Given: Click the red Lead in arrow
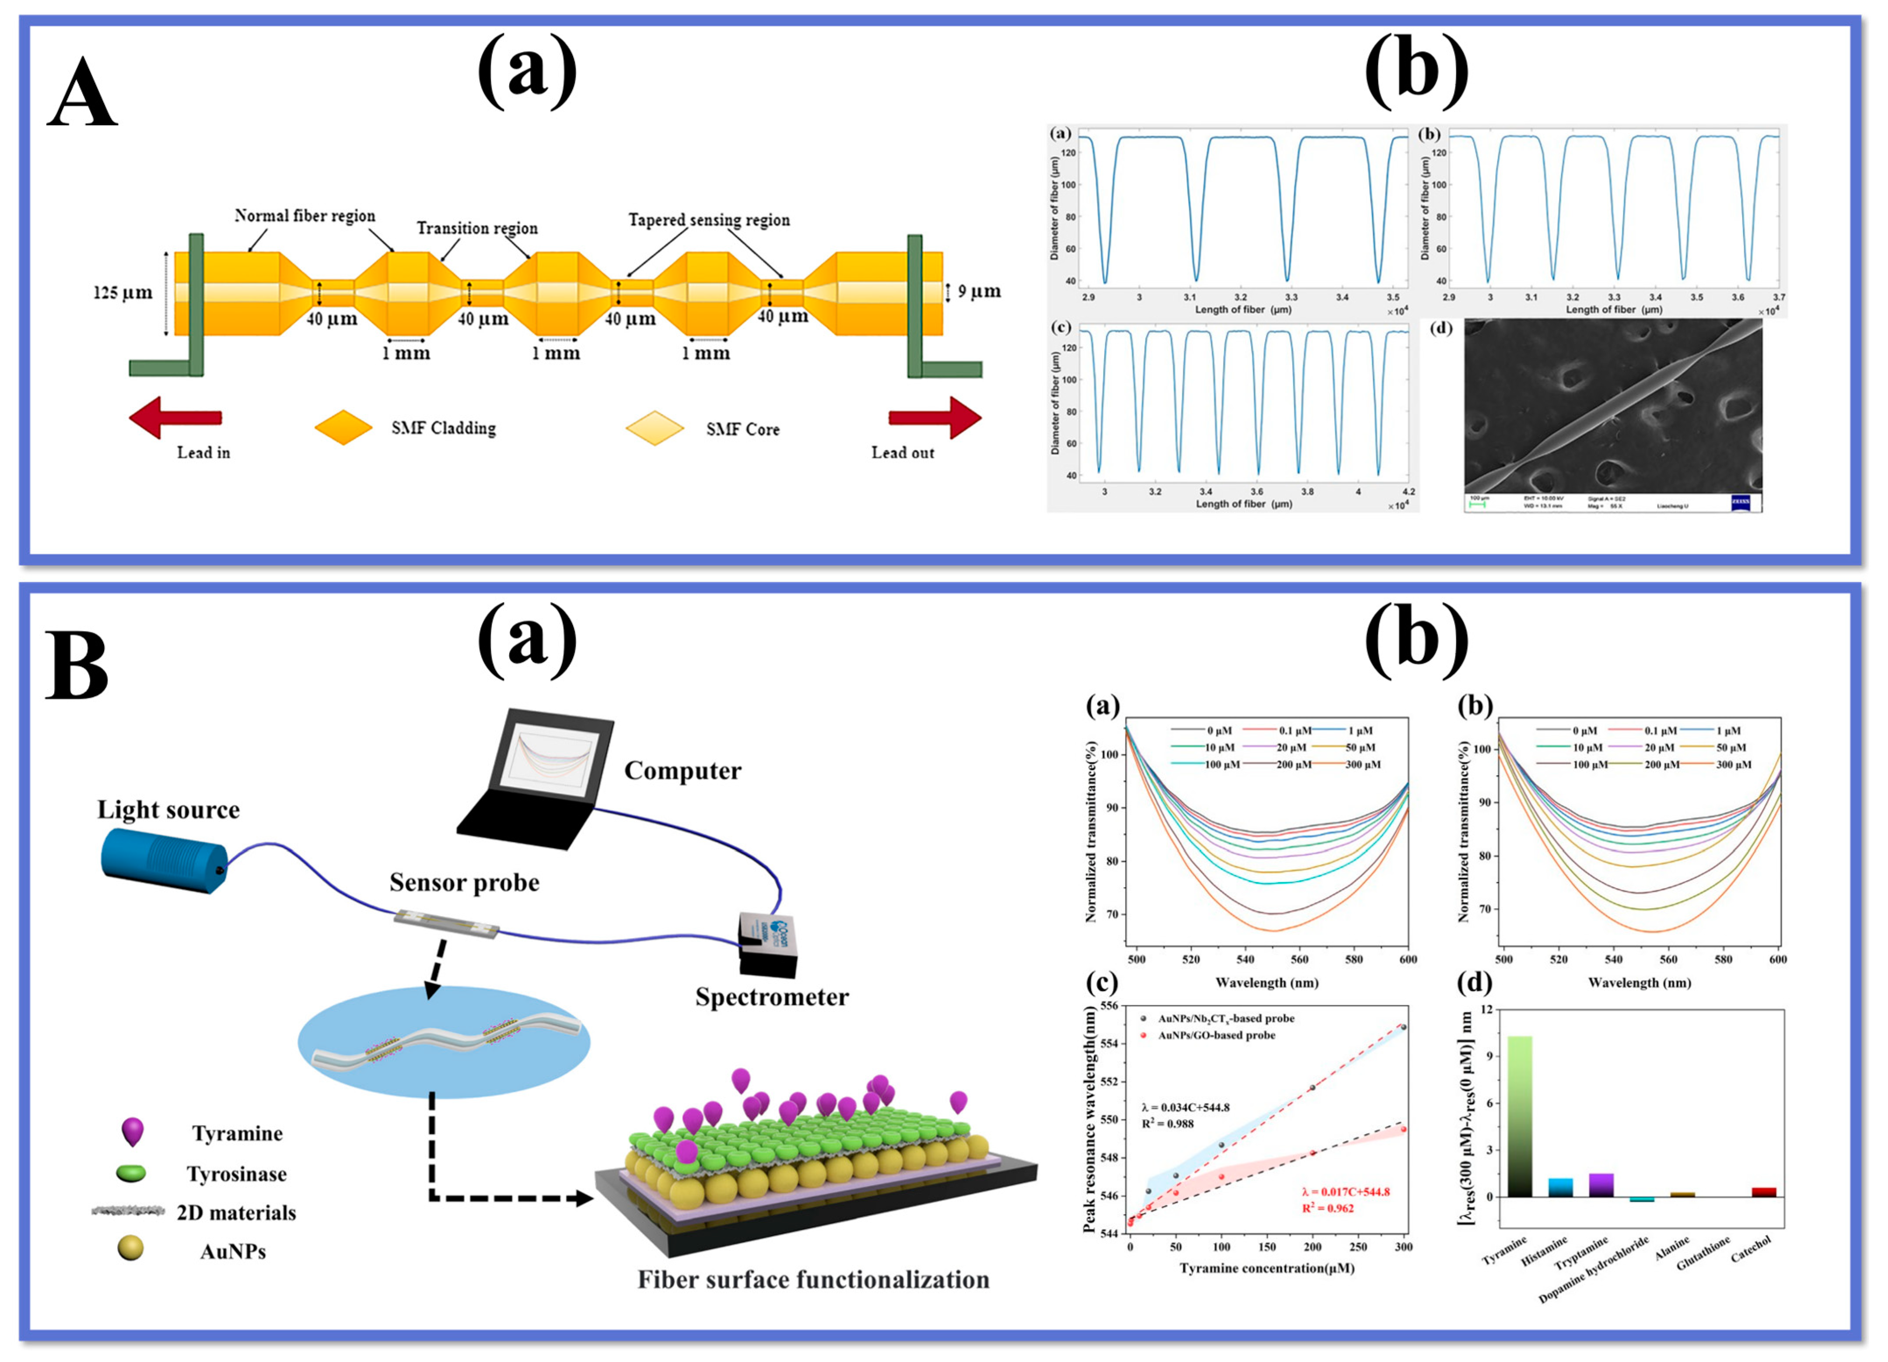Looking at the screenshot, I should coord(176,417).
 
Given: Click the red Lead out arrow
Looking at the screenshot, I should coord(934,417).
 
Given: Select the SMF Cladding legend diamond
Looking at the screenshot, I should coord(343,428).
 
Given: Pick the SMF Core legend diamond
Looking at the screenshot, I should coord(654,428).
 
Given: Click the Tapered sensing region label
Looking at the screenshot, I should coord(708,220).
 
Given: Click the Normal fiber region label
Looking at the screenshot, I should coord(304,216).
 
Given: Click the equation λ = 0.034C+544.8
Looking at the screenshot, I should coord(1185,1107).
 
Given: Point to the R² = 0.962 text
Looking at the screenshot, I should coord(1329,1208).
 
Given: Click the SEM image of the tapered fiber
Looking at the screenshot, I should coord(1612,408).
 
